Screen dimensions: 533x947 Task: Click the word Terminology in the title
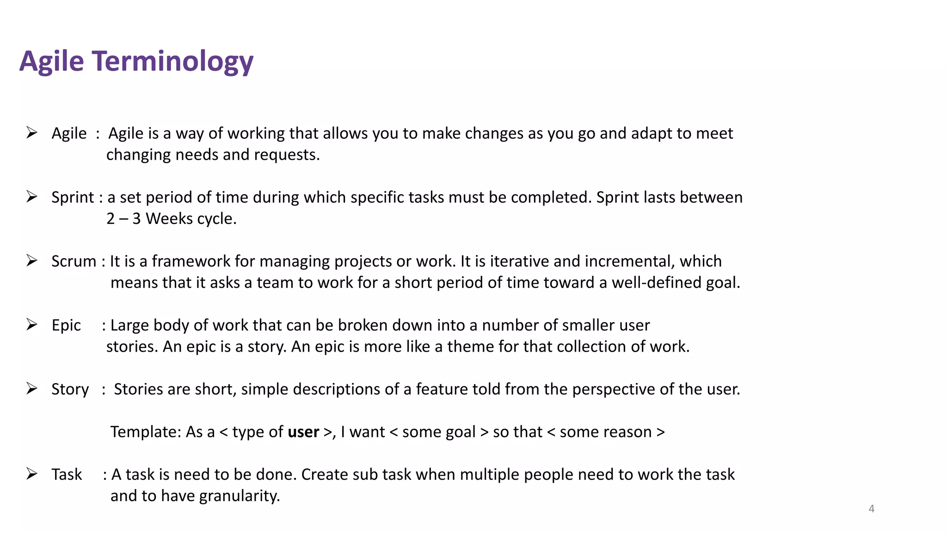coord(172,62)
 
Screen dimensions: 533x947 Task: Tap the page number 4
coord(871,508)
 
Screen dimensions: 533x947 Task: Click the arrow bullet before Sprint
coord(32,197)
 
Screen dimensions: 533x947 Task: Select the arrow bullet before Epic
coord(32,324)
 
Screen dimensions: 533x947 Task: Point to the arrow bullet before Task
coord(32,474)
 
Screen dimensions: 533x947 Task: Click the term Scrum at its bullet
coord(74,261)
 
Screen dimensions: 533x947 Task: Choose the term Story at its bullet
coord(70,389)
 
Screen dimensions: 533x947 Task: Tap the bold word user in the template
coord(303,432)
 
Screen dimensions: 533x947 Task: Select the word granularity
coord(240,496)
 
